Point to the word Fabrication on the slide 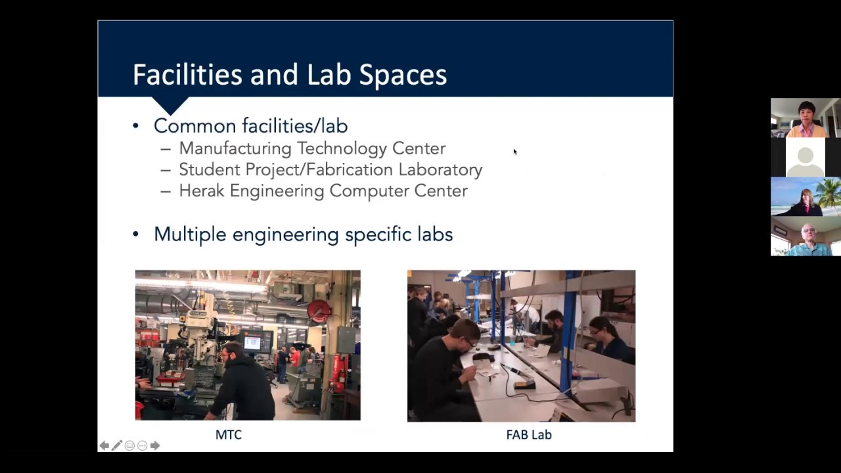coord(350,169)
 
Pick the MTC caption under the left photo coord(229,435)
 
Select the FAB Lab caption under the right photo coord(528,435)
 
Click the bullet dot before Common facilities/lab coord(136,125)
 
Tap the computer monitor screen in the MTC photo coord(252,342)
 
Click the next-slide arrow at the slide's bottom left coord(155,445)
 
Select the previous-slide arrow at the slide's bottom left coord(104,445)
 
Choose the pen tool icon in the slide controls coord(117,445)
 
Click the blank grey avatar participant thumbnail coord(806,158)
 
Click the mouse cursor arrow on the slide coord(514,152)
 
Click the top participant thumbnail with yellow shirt coord(806,118)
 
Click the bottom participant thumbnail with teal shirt coord(806,236)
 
